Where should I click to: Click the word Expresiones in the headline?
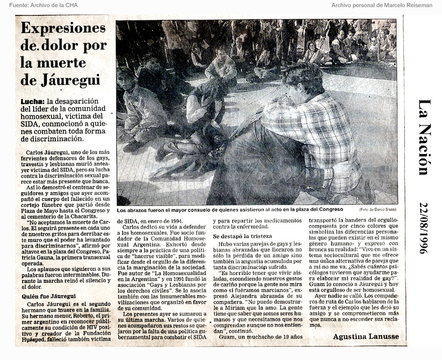point(59,28)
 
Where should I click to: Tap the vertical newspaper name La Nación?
point(423,137)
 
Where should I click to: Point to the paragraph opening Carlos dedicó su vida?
point(161,227)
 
